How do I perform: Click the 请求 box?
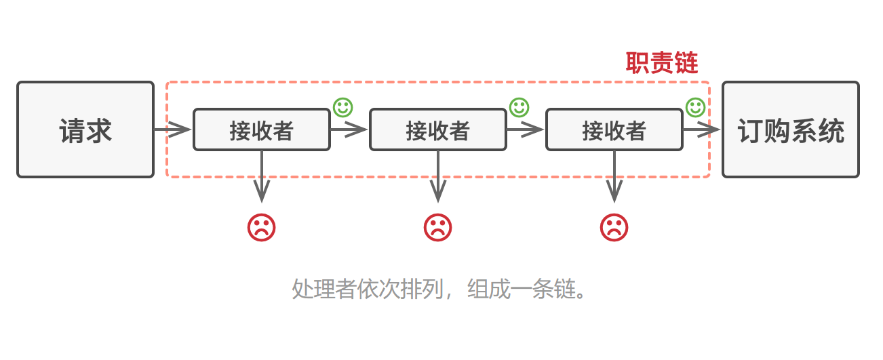[85, 129]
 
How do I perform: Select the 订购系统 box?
[791, 129]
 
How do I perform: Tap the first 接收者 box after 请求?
[262, 129]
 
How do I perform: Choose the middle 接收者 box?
[438, 129]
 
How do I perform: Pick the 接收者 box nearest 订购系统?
[614, 129]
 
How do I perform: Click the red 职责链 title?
[661, 64]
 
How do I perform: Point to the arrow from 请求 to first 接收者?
[174, 129]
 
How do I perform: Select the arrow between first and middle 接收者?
[349, 129]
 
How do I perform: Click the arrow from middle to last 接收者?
[526, 129]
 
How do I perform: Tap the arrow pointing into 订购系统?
[702, 129]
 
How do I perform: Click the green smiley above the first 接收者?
[342, 107]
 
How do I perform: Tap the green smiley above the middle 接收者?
[519, 107]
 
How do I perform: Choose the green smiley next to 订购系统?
[696, 107]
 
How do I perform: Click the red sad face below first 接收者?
[262, 227]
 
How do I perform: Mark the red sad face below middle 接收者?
[438, 227]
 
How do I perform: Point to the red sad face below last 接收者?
[614, 227]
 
